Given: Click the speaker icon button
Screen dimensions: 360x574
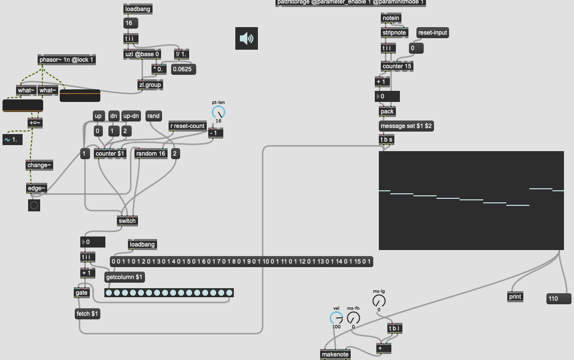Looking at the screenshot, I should point(246,39).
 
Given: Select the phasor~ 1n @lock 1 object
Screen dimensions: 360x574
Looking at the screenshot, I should point(66,60).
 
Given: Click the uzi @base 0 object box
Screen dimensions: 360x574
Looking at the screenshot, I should point(142,54).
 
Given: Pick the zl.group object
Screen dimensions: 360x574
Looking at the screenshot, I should point(150,85).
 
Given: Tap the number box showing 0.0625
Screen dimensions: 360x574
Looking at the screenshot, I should point(184,69).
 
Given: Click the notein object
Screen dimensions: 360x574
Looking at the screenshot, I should point(391,18).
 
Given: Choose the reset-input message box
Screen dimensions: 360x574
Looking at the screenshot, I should point(433,33).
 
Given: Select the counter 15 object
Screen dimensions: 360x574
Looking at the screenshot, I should point(397,66).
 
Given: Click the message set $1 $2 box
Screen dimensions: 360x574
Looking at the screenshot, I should point(406,126).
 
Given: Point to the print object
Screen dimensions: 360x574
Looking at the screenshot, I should point(515,297).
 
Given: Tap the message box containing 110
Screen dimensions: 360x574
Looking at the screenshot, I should point(558,299).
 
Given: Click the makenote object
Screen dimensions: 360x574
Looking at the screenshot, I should point(336,354).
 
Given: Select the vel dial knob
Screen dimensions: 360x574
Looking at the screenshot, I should point(336,318).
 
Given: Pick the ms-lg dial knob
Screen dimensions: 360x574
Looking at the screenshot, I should point(379,301).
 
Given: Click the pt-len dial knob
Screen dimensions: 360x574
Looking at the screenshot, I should point(218,112).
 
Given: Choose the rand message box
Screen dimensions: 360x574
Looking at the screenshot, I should point(154,116).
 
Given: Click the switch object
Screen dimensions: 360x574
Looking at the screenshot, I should point(127,220).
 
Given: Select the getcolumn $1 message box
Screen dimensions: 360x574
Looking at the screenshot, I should point(124,277).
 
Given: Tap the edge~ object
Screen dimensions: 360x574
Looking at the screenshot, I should point(36,188).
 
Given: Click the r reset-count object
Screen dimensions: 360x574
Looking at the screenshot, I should point(188,126).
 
